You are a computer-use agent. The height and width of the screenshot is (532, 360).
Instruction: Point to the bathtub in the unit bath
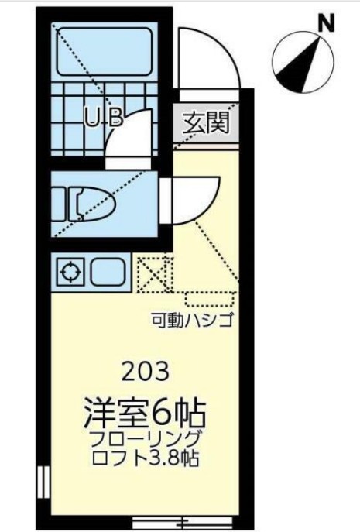(x=105, y=51)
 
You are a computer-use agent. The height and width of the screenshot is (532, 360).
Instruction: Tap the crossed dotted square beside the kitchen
(x=153, y=272)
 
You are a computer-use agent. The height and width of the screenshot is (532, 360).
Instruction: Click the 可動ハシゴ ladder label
(x=192, y=318)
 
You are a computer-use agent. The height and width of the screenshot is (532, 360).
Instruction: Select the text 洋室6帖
(x=147, y=409)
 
